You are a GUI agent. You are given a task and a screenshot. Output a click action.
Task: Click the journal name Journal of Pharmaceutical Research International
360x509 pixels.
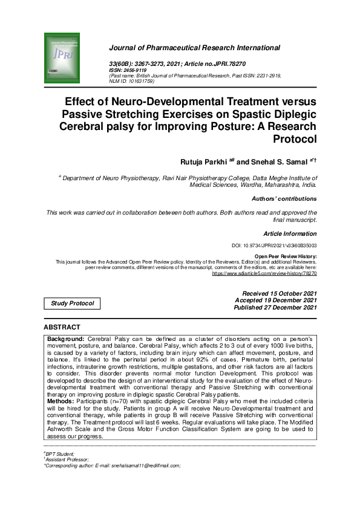(194, 48)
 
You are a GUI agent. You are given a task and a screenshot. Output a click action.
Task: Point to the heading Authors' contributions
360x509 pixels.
(284, 198)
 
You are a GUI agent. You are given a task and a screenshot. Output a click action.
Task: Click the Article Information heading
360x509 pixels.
(290, 233)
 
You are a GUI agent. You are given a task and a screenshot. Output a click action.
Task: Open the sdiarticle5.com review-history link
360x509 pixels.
(264, 273)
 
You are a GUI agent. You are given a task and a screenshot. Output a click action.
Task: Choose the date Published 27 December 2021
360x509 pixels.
(275, 308)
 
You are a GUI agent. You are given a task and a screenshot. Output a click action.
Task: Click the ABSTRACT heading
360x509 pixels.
(62, 327)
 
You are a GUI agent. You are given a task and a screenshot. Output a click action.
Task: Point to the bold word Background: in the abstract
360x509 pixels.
(66, 339)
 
